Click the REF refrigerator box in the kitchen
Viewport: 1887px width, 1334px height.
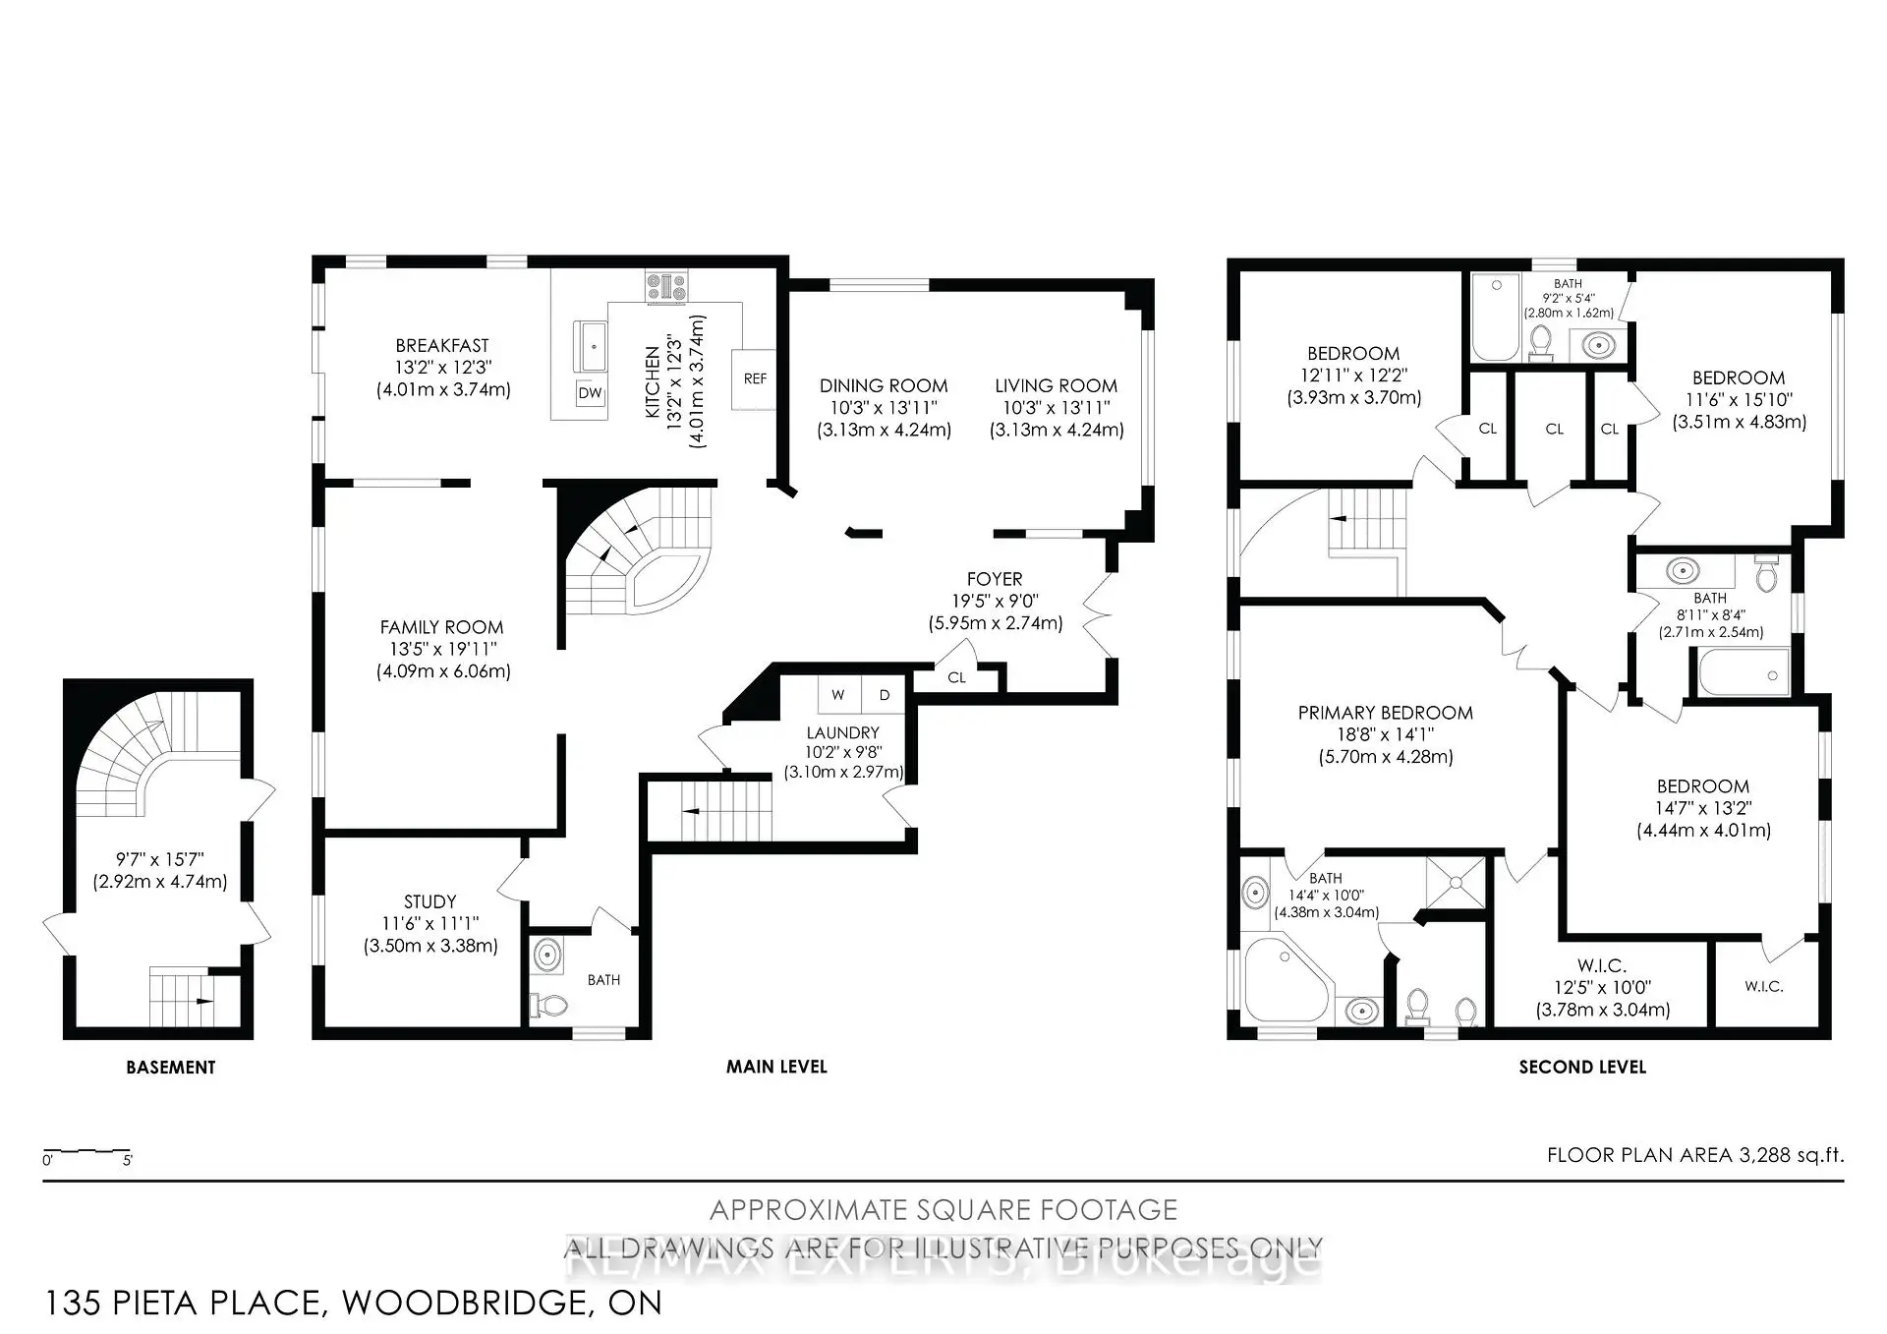[754, 378]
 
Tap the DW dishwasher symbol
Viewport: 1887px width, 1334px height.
[590, 393]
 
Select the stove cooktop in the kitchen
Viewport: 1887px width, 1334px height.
[666, 287]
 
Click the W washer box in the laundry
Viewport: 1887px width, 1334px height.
[838, 695]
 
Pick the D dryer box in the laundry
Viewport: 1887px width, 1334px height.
[885, 695]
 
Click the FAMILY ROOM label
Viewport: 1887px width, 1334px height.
[441, 627]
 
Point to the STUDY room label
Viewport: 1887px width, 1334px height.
[429, 901]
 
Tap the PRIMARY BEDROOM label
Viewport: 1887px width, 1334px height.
[1385, 713]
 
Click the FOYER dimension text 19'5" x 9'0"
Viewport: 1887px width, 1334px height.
[995, 601]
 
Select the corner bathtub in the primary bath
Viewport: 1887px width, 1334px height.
[1283, 978]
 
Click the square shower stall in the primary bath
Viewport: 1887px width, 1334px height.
[1457, 884]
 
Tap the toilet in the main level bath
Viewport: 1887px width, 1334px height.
[549, 1005]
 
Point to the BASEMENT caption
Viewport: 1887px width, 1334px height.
[170, 1067]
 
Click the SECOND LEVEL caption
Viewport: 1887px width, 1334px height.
[1581, 1067]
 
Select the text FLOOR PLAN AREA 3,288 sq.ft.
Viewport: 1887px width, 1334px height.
[1694, 1155]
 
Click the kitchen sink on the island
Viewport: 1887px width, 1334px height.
[593, 346]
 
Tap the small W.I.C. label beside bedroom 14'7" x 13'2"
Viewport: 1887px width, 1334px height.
[1763, 986]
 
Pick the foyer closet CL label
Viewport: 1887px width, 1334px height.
[956, 677]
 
